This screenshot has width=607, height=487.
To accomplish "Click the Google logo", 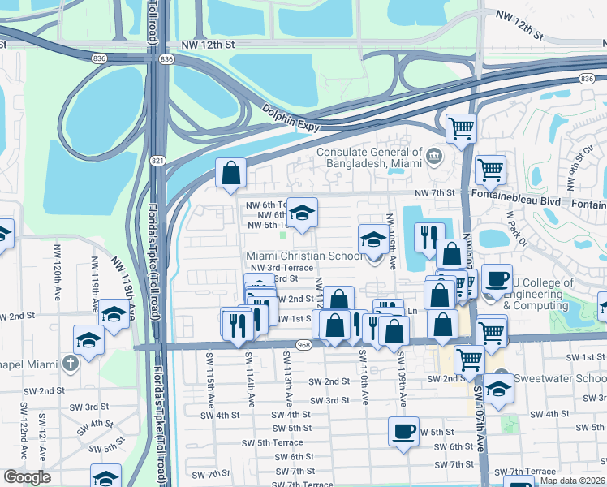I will (x=26, y=477).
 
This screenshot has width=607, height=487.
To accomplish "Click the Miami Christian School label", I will (x=305, y=256).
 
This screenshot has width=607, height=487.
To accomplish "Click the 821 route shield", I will (x=154, y=161).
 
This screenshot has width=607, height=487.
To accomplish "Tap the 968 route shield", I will (x=304, y=345).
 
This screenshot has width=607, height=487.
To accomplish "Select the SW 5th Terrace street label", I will (x=273, y=442).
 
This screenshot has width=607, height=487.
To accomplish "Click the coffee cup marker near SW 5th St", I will (x=403, y=433).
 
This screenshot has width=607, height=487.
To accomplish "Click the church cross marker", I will (x=71, y=362).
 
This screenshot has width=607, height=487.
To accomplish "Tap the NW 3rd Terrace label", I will (x=282, y=267).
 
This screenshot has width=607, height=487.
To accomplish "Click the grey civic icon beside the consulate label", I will (x=433, y=155).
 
